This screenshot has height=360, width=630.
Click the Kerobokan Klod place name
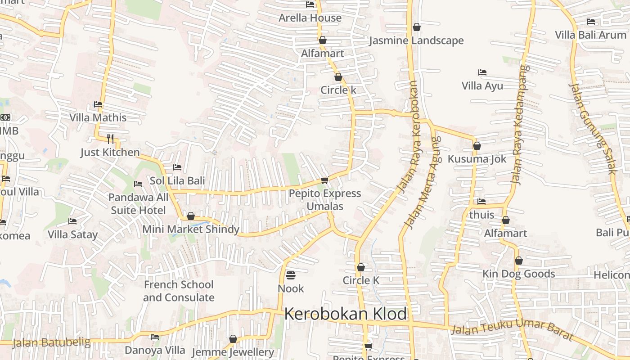345,314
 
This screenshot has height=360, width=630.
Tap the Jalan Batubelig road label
51,342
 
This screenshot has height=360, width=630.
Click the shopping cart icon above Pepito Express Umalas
324,180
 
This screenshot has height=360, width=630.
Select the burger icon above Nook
291,274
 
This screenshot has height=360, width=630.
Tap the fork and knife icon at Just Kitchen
110,138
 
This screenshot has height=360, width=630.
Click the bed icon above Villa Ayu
482,72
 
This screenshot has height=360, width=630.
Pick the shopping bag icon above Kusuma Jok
477,146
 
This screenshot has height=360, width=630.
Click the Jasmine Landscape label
416,40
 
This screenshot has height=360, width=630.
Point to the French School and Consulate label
179,291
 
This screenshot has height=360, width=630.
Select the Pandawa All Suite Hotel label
139,203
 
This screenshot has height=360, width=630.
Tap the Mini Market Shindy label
191,229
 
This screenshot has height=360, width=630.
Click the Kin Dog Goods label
519,274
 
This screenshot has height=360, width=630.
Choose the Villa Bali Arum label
590,35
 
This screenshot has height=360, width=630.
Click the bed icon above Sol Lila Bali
177,167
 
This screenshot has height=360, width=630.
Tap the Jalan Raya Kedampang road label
519,125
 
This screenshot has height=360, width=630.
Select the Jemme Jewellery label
233,352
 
